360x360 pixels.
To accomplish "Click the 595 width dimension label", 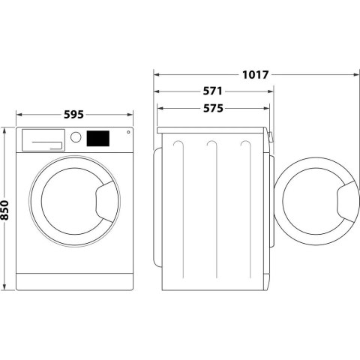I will [x=73, y=115].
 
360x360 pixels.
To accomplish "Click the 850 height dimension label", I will [x=6, y=209].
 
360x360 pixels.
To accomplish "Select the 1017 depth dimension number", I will [x=256, y=74].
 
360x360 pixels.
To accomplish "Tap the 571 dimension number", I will [x=214, y=91].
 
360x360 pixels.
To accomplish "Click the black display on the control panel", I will [x=98, y=138].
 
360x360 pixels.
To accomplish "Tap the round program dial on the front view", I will [x=76, y=138].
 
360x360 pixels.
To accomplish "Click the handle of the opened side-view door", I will [x=347, y=201].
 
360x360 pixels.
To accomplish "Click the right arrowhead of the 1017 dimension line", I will [x=354, y=74].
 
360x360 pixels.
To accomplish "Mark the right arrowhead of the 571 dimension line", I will [x=270, y=91].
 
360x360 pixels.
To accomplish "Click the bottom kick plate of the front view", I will [x=73, y=281].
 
